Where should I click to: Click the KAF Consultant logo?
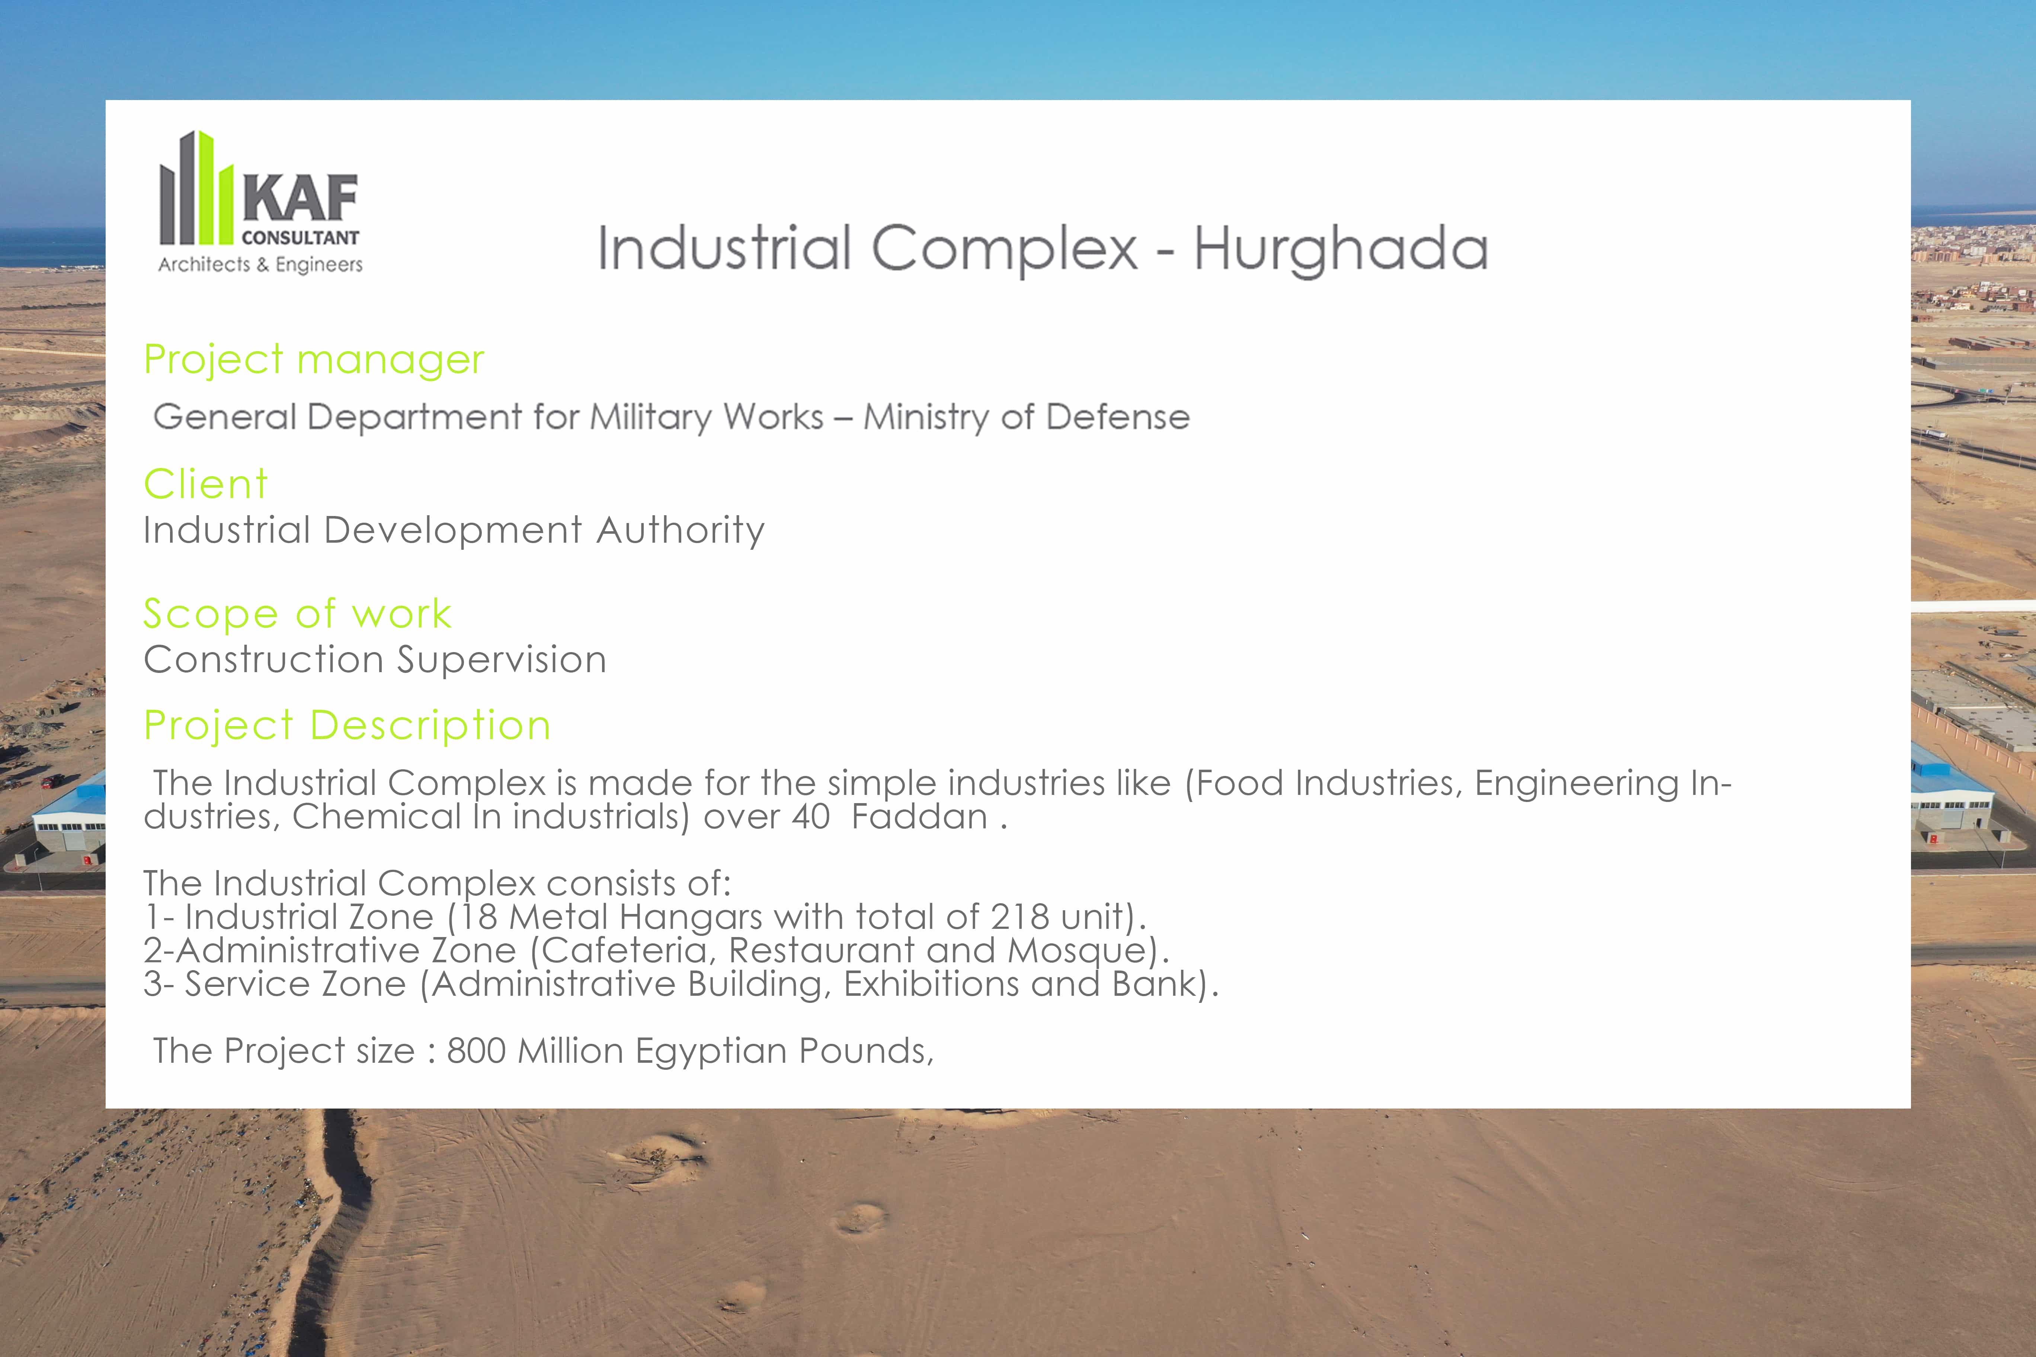click(x=260, y=202)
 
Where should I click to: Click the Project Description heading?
click(x=347, y=725)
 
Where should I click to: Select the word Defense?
click(x=1118, y=417)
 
